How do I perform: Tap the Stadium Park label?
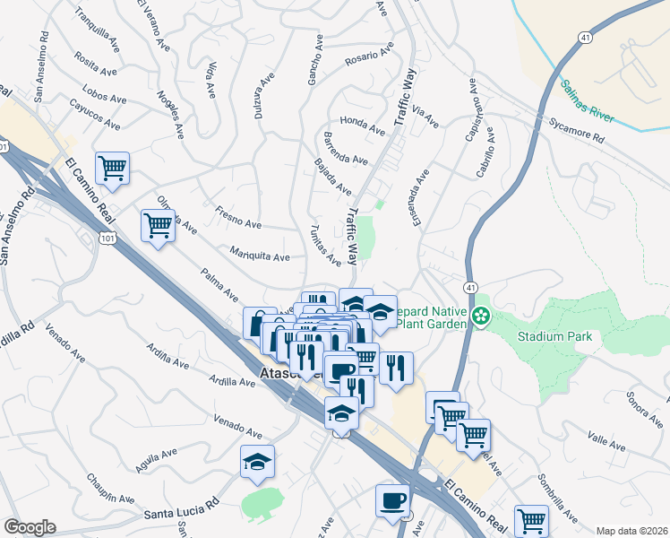(555, 337)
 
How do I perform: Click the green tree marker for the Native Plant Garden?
(482, 315)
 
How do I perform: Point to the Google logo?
(30, 527)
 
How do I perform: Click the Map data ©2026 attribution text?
(632, 531)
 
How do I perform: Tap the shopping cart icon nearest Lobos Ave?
(113, 168)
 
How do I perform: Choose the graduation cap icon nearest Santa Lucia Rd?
(257, 461)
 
